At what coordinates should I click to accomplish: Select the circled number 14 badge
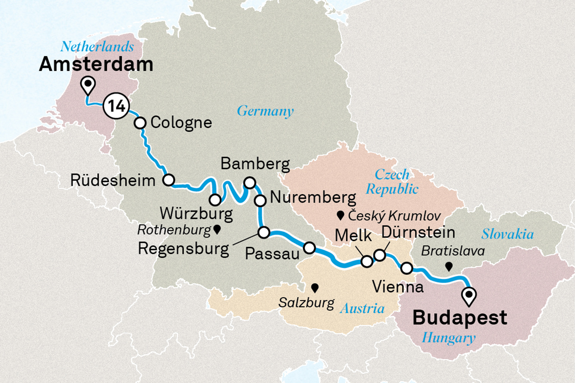pos(116,106)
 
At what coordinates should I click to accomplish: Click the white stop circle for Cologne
pos(140,123)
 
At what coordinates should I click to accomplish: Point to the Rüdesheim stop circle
pos(169,180)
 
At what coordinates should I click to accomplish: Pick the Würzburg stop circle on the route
pos(215,200)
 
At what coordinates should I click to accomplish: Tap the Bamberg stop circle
pos(250,182)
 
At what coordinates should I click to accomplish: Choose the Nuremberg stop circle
pos(260,200)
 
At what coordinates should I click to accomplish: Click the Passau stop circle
pos(309,248)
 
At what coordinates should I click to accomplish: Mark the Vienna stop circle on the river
pos(407,268)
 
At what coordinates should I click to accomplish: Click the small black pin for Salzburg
pos(315,288)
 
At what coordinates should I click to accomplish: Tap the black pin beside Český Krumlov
pos(340,216)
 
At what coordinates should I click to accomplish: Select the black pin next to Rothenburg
pos(217,229)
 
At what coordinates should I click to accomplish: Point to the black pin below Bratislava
pos(449,267)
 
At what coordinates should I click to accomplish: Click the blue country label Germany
pos(265,111)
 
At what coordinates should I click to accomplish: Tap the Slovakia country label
pos(508,234)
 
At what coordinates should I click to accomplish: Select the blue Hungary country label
pos(449,338)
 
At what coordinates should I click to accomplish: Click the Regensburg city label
pos(183,249)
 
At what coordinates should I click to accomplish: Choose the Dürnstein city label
pos(418,232)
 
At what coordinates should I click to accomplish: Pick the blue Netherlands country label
pos(97,47)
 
